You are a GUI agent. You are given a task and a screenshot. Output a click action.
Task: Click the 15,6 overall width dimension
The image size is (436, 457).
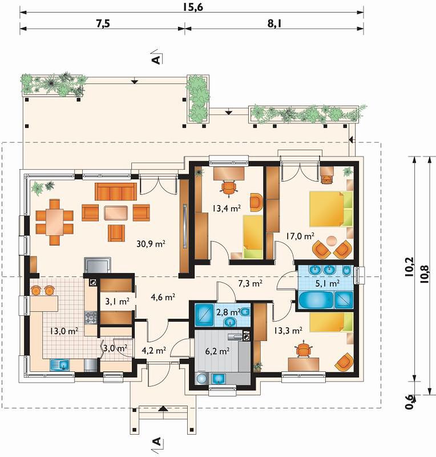point(193,7)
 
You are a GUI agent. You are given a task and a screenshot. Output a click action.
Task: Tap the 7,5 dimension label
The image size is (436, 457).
point(103,23)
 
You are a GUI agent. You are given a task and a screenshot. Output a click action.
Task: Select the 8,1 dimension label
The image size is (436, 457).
point(274,23)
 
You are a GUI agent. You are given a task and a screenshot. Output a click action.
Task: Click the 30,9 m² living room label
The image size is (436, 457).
point(151,244)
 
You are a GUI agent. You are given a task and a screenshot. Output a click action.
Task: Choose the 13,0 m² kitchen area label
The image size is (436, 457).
point(63,331)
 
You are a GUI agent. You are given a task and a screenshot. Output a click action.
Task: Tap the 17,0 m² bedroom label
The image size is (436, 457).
point(300,235)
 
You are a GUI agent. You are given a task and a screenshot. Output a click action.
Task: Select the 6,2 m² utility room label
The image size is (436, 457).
point(217,351)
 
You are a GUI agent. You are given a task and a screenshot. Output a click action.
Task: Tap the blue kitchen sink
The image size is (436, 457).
point(60,365)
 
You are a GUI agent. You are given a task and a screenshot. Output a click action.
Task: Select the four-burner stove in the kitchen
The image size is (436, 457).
point(91,318)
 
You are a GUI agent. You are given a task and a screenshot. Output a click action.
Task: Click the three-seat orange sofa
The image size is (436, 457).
point(116,192)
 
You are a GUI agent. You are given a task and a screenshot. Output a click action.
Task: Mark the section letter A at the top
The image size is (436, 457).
point(156,59)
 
